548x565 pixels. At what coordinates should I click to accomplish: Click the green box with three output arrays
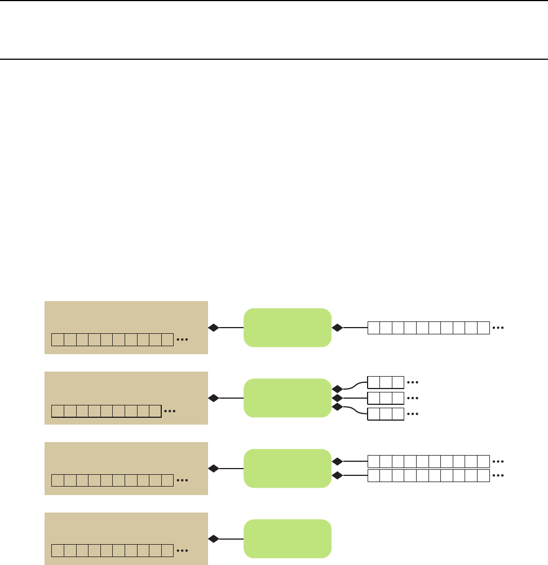[287, 398]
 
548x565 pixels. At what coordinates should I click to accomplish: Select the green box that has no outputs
[287, 538]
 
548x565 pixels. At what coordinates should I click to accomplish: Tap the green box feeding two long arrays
[287, 468]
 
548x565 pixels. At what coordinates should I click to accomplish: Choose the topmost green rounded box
[287, 328]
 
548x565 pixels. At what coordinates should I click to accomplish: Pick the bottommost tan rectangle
[126, 538]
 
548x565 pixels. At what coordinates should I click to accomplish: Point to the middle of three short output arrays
[386, 398]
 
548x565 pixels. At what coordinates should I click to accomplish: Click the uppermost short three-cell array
[386, 382]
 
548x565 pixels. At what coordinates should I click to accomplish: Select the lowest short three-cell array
[386, 414]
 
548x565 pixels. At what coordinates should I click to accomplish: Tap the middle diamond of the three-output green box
[337, 398]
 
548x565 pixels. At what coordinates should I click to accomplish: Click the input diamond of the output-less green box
[213, 538]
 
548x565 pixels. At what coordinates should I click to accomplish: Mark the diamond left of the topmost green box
[213, 328]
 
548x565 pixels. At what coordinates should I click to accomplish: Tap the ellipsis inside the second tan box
[170, 411]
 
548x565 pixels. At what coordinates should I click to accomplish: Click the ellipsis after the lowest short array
[413, 414]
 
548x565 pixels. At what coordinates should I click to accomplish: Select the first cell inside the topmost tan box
[58, 340]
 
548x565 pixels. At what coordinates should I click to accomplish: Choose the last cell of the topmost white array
[483, 328]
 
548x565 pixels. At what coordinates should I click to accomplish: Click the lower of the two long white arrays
[428, 475]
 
